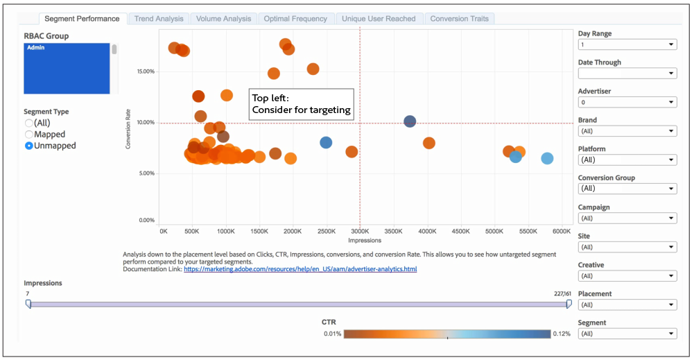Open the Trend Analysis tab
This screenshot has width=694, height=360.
coord(159,19)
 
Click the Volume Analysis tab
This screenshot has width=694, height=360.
coord(223,19)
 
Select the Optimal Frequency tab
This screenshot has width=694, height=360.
coord(296,19)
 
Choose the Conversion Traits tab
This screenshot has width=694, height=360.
coord(458,19)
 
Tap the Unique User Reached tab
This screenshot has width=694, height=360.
coord(379,19)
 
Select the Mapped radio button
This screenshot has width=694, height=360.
coord(29,135)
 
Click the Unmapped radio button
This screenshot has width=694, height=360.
coord(29,146)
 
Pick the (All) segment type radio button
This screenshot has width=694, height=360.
coord(29,123)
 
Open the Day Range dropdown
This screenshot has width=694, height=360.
coord(627,44)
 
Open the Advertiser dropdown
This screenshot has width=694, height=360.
coord(627,102)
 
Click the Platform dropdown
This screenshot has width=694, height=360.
coord(627,160)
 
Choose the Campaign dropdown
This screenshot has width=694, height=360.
coord(627,218)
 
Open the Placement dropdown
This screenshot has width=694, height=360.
coord(627,305)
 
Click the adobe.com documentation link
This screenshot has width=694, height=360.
coord(300,268)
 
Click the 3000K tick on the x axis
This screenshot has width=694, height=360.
coord(360,231)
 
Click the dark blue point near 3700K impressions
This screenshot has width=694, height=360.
coord(410,121)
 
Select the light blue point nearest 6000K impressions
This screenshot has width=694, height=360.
coord(547,159)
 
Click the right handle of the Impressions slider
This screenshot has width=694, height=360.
coord(569,304)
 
